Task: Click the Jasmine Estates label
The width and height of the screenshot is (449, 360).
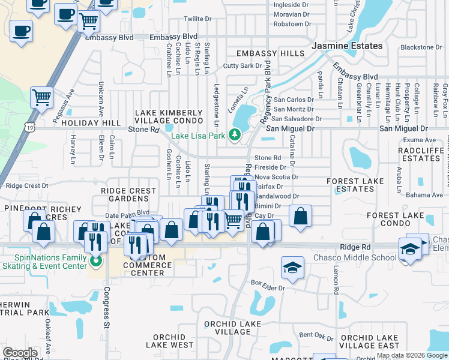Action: click(x=347, y=46)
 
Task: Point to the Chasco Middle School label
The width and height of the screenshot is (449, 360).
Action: click(x=355, y=258)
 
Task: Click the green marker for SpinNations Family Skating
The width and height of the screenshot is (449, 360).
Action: click(x=94, y=260)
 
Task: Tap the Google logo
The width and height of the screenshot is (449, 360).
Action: click(x=20, y=352)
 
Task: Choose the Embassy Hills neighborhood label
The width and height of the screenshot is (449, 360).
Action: click(x=270, y=53)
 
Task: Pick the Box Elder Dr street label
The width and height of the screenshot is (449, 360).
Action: click(x=267, y=282)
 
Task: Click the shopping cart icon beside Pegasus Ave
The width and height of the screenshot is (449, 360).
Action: click(x=41, y=97)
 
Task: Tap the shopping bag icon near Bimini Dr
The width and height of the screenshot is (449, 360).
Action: click(x=300, y=215)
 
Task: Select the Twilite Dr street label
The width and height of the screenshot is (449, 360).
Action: click(x=198, y=19)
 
